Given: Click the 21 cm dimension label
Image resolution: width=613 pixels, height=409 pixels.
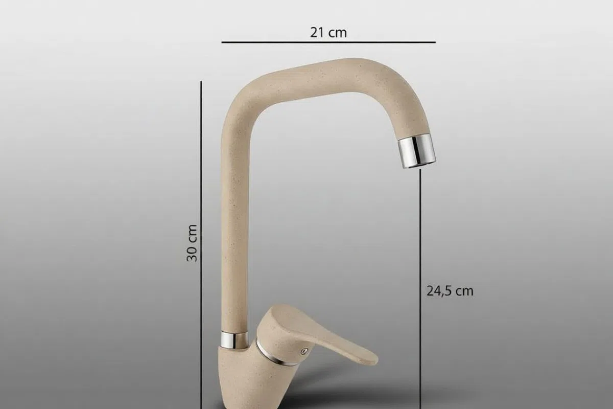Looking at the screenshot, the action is pyautogui.click(x=328, y=33).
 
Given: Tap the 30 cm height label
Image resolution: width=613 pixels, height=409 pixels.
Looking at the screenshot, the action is pyautogui.click(x=192, y=243).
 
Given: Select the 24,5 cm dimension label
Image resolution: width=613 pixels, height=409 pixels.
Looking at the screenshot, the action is pyautogui.click(x=450, y=291).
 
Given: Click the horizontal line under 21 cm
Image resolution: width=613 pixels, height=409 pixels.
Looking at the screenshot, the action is pyautogui.click(x=328, y=42).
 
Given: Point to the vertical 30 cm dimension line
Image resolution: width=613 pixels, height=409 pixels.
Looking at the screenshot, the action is pyautogui.click(x=201, y=245).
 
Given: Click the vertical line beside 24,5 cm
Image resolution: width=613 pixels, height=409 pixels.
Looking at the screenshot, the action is pyautogui.click(x=420, y=289).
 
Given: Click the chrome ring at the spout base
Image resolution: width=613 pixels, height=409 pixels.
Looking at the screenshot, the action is pyautogui.click(x=234, y=339).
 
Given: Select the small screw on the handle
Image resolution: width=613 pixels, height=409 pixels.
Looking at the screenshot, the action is pyautogui.click(x=304, y=351).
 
